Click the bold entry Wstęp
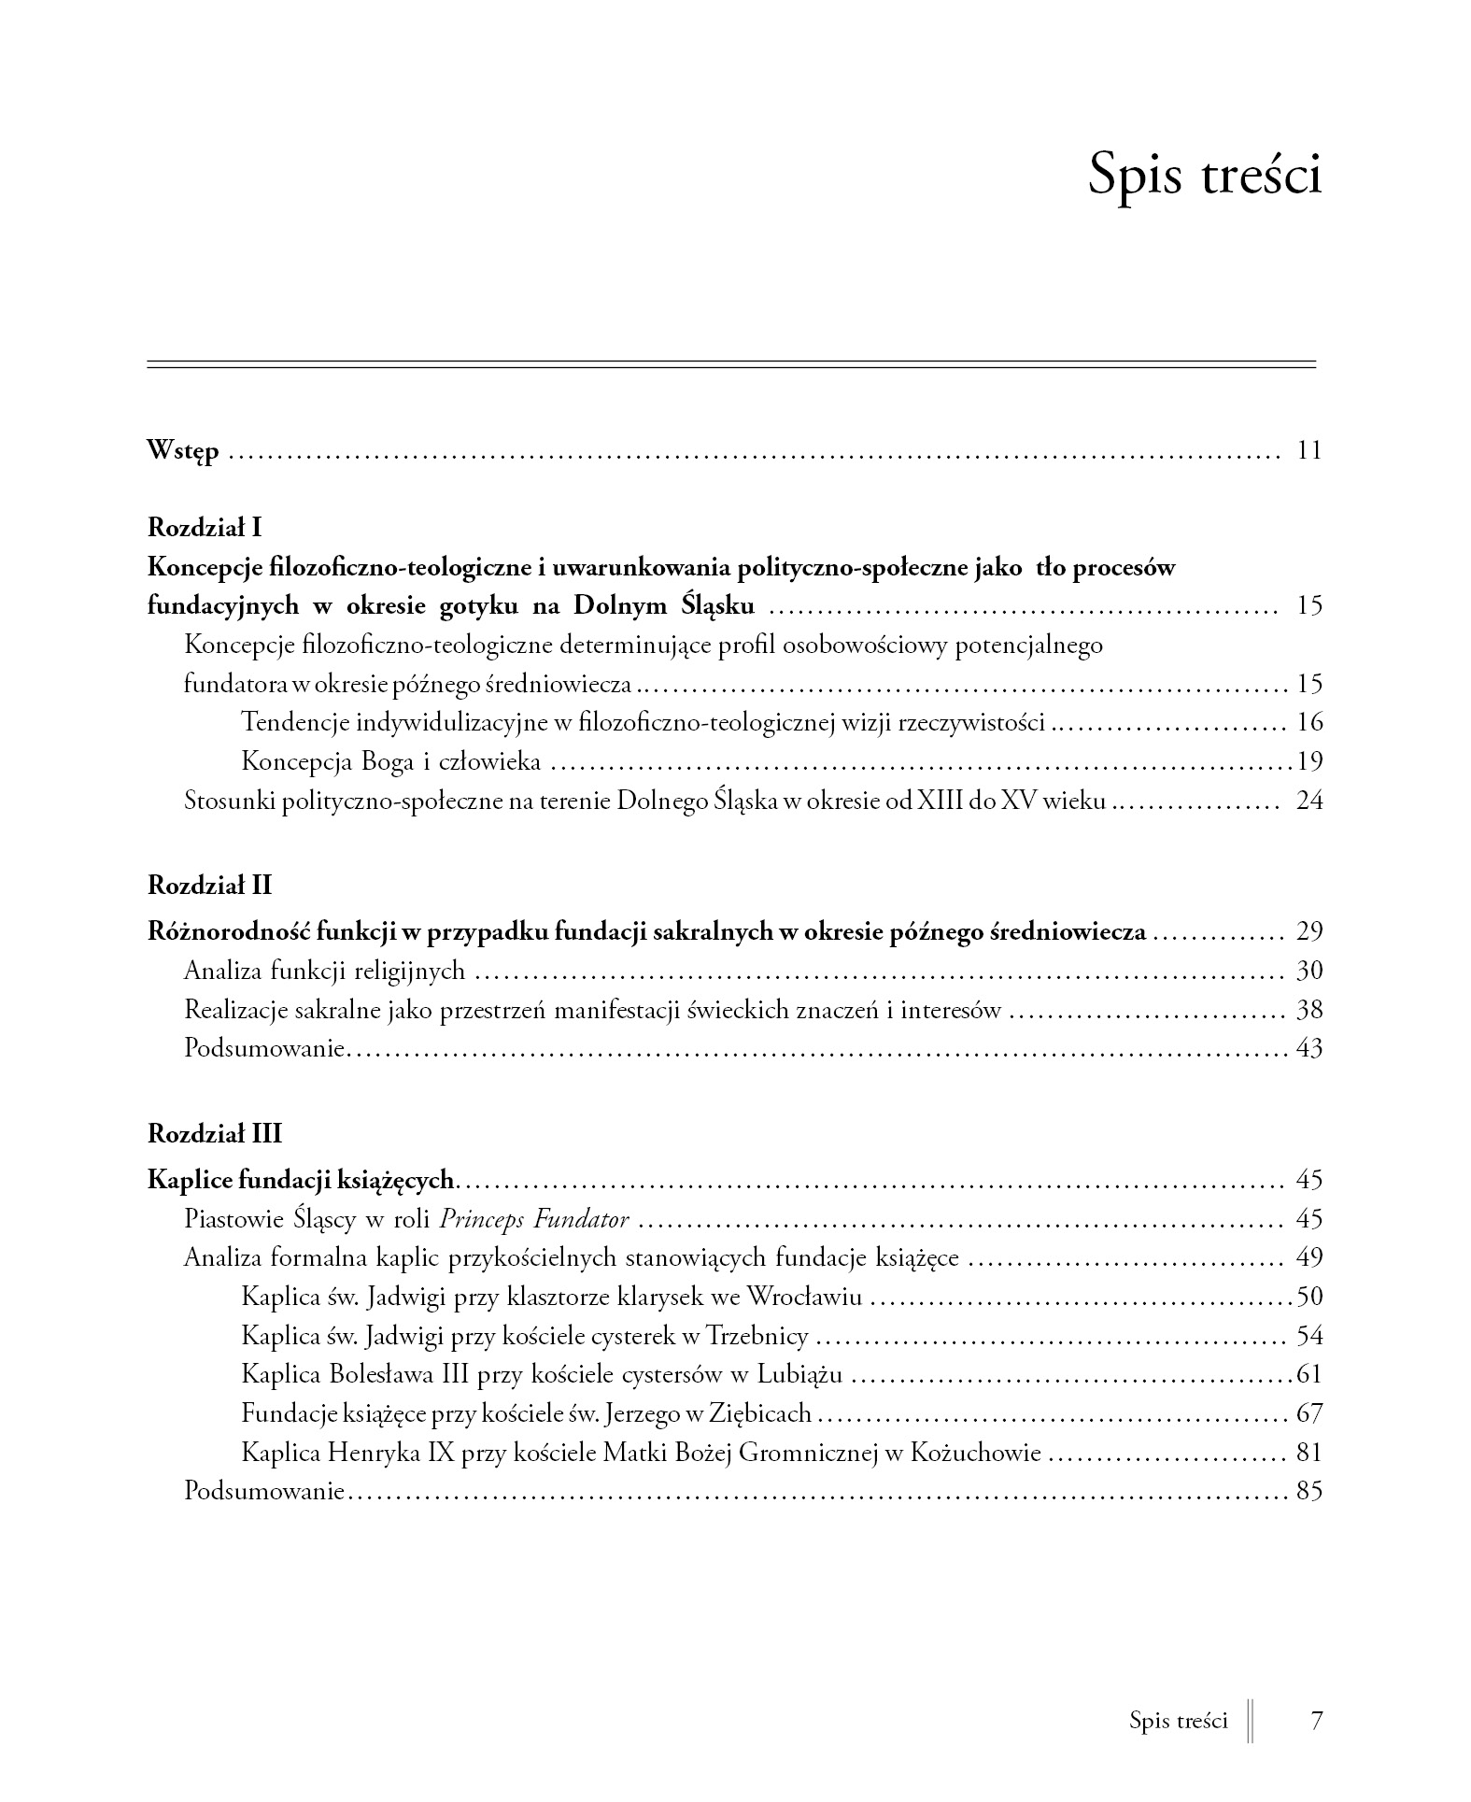pos(183,452)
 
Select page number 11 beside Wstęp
pos(1309,451)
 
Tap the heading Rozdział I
pos(205,528)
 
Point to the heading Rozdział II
pos(209,884)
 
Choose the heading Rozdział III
pos(214,1134)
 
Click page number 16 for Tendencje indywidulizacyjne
pos(1309,722)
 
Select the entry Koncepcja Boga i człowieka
pos(390,761)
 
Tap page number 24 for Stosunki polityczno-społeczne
pos(1309,801)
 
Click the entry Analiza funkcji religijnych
pos(324,971)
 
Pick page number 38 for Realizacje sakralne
pos(1309,1010)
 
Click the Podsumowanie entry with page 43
pos(265,1049)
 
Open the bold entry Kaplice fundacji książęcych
pos(301,1180)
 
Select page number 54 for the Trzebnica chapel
pos(1309,1336)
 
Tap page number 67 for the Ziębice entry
pos(1309,1413)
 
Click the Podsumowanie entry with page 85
pos(265,1491)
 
